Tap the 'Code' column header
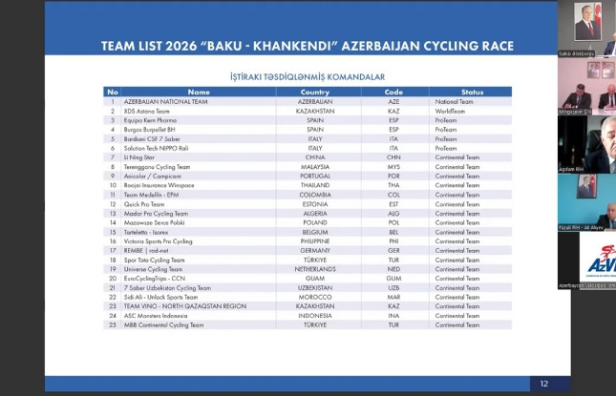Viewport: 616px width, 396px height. (393, 92)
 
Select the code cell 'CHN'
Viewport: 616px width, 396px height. (393, 157)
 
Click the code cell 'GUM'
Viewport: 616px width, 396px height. (393, 278)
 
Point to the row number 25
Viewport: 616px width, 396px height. (113, 324)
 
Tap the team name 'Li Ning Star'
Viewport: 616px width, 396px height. (139, 157)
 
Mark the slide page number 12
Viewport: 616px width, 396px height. (543, 384)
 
